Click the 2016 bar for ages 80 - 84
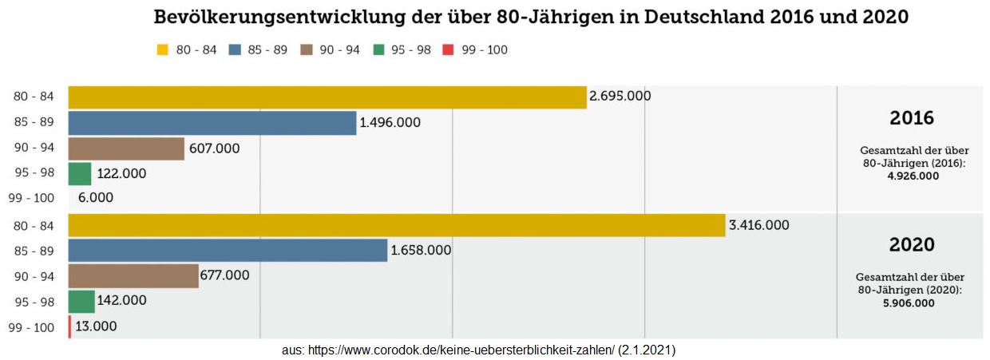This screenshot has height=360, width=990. click(x=327, y=97)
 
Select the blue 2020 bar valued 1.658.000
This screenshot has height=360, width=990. click(x=228, y=251)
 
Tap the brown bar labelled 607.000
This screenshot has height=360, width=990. click(x=126, y=148)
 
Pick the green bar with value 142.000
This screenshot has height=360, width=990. click(x=81, y=301)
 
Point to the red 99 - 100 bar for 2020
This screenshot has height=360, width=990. click(x=69, y=326)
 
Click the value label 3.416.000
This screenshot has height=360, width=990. click(x=758, y=225)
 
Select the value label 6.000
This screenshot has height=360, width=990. click(x=96, y=197)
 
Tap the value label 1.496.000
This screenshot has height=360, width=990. click(x=390, y=123)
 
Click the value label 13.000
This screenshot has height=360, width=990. click(x=96, y=326)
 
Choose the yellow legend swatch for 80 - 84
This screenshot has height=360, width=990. click(x=163, y=50)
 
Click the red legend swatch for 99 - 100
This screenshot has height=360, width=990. click(x=448, y=50)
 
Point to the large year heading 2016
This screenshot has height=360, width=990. click(x=912, y=118)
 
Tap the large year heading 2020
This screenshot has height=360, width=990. click(x=912, y=244)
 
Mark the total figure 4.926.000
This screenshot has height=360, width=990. click(x=913, y=176)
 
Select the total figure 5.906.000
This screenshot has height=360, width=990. click(x=911, y=303)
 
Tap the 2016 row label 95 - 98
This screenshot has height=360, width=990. click(x=34, y=173)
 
